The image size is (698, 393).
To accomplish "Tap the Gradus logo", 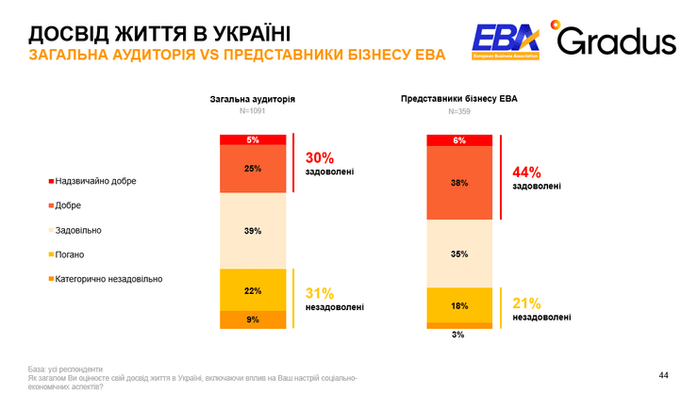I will click(614, 41).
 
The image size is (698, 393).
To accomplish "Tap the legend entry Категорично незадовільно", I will click(105, 279).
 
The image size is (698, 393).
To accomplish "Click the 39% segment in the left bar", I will click(252, 231).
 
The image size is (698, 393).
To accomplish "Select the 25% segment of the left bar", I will click(252, 169).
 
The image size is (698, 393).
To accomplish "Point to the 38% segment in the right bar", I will click(459, 184).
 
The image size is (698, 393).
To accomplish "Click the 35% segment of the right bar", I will click(459, 254).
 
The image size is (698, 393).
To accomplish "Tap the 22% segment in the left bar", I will click(252, 290).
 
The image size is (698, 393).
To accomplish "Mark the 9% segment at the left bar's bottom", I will click(252, 319).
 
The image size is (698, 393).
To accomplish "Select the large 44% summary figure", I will click(526, 172).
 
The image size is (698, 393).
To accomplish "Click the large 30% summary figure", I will click(320, 157).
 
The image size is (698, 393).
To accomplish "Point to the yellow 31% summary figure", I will click(320, 293).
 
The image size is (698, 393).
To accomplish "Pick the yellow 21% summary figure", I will click(526, 303).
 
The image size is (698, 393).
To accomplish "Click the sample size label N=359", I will click(459, 111).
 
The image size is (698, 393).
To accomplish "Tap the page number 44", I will click(663, 373).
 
